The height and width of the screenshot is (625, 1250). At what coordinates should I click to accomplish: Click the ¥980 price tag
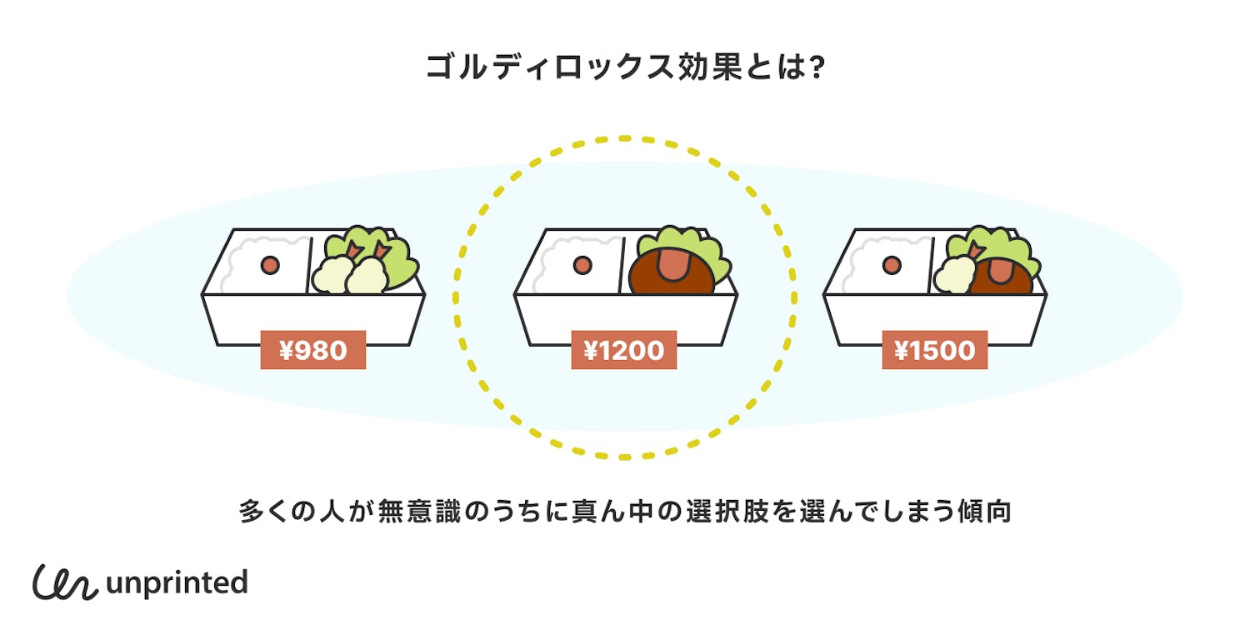pyautogui.click(x=313, y=350)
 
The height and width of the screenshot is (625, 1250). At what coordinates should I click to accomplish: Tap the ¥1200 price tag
pyautogui.click(x=623, y=350)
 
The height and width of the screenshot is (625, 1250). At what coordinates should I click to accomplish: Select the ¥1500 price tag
pyautogui.click(x=934, y=350)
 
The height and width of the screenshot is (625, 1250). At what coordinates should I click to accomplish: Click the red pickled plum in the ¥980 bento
pyautogui.click(x=271, y=265)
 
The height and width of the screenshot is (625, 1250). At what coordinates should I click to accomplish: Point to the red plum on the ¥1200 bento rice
pyautogui.click(x=582, y=265)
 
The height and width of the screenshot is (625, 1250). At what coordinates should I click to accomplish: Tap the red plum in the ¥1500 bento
pyautogui.click(x=892, y=265)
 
